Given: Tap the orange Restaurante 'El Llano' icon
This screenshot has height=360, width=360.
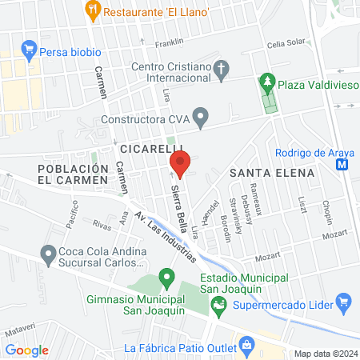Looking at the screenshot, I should click(94, 10).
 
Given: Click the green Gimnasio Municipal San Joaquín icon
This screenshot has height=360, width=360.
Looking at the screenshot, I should click(167, 279).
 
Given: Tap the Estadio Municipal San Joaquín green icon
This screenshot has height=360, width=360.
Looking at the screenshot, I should click(218, 304).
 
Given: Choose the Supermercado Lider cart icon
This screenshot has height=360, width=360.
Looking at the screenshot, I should click(344, 303).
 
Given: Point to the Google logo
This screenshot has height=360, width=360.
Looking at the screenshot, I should click(26, 350).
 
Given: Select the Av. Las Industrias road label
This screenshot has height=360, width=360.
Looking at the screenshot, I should click(166, 238).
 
